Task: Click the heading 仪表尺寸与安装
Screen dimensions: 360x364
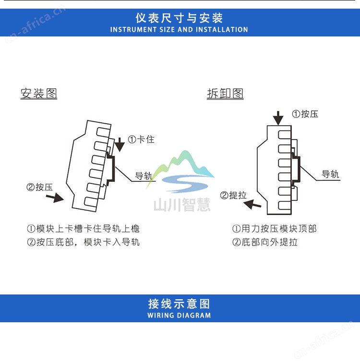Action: pos(179,18)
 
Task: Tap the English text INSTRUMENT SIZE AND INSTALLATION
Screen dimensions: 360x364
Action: pos(179,30)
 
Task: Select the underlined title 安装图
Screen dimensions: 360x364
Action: pos(39,94)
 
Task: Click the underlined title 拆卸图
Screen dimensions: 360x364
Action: pos(225,94)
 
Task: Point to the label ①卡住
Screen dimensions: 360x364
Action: pos(141,139)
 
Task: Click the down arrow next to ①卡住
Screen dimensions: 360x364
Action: pos(120,144)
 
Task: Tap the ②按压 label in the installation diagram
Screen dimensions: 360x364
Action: pos(39,187)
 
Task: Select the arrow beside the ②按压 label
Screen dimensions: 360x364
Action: pos(55,198)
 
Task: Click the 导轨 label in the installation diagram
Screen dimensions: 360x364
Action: pos(144,176)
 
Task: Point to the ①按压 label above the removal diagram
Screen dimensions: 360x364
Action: pos(305,114)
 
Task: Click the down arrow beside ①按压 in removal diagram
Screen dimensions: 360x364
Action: pos(278,118)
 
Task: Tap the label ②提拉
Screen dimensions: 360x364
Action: pos(233,195)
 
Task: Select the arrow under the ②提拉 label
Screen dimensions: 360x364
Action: pos(252,205)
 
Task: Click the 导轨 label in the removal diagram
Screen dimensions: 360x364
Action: pos(330,174)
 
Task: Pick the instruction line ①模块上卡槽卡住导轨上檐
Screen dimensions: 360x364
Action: pos(83,229)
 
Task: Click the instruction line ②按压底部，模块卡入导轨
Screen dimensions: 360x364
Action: pos(83,242)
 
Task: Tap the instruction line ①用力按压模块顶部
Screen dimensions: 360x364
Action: pos(275,229)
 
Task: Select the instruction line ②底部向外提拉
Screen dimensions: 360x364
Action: pos(265,242)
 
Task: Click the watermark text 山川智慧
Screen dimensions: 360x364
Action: pos(182,205)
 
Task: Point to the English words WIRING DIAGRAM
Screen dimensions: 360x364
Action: pos(179,315)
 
